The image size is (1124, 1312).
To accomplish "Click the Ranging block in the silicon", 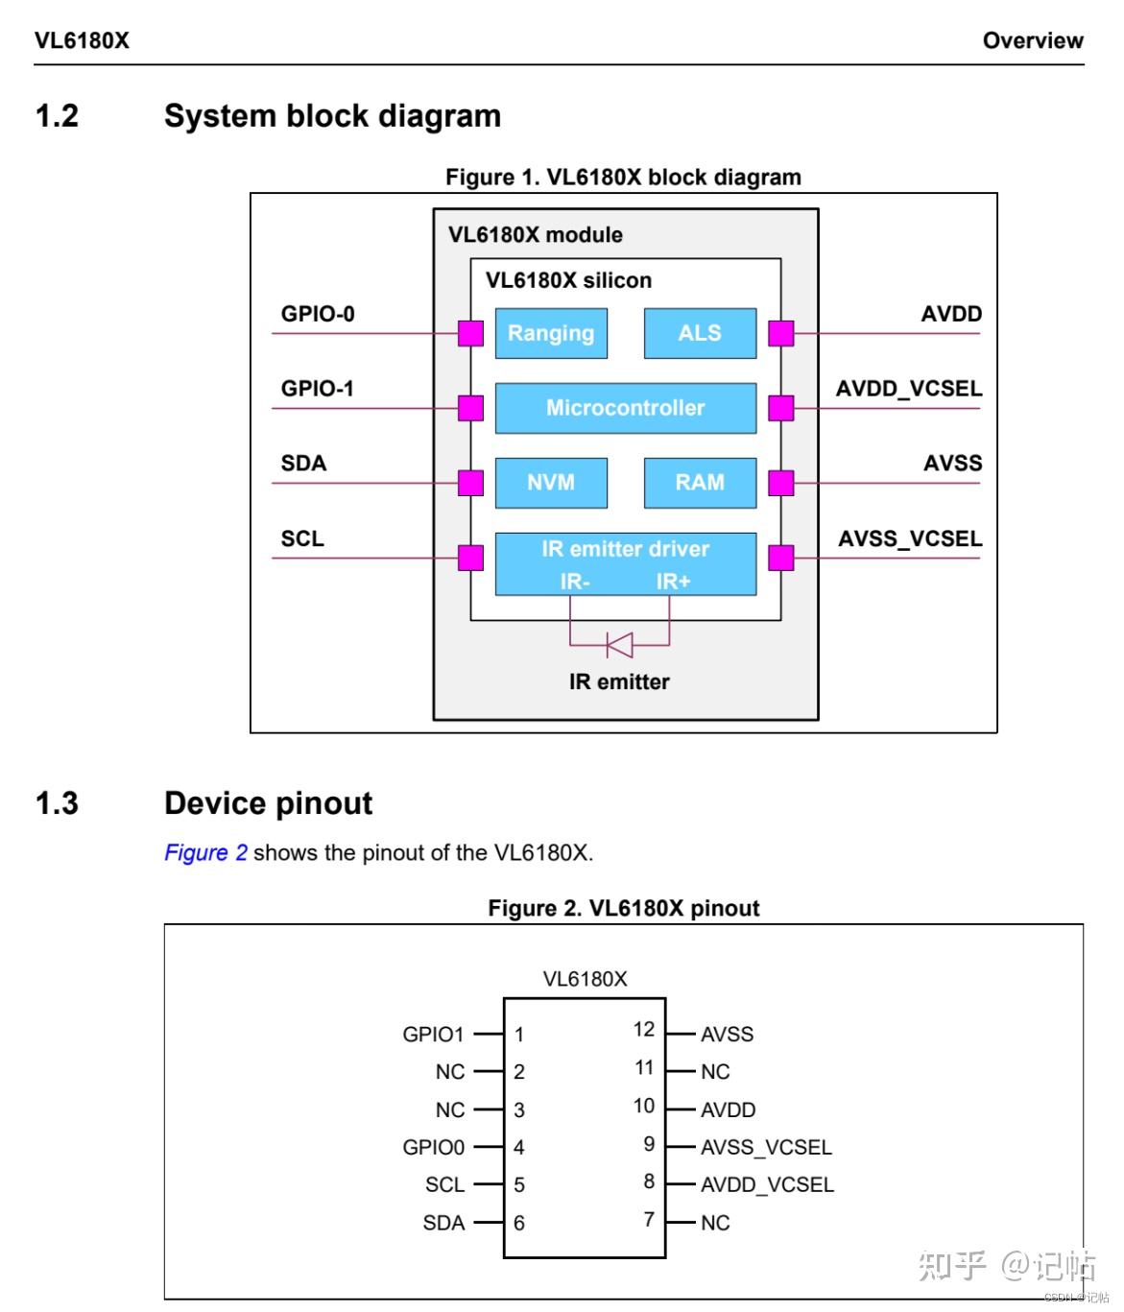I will pos(551,333).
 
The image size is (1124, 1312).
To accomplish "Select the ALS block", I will pos(700,333).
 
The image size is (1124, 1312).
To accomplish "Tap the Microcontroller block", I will pos(625,408).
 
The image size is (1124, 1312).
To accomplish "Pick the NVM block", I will pos(551,482).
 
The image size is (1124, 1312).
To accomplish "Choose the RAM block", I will pos(700,482).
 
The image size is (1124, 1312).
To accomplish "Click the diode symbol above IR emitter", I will pos(619,645).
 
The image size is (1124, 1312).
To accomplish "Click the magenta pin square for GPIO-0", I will pos(470,333).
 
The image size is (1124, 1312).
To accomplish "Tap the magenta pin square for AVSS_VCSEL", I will pos(781,558).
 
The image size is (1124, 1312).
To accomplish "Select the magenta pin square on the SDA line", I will pos(470,483).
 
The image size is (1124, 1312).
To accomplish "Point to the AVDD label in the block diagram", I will pos(951,314).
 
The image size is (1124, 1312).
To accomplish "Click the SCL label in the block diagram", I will pos(302,538).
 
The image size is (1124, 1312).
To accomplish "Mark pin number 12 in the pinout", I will pos(643,1029).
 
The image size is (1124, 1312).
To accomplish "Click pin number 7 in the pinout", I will pos(649,1219).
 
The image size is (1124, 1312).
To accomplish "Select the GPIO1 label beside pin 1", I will pos(433,1035).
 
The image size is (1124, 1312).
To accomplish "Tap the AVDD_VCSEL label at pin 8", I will pos(767,1185).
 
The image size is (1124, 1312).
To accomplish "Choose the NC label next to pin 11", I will pos(715,1072).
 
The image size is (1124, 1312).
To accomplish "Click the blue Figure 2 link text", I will pos(205,852).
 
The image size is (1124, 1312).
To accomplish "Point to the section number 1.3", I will pos(57,803).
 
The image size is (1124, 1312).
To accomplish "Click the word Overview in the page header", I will pos(1033,40).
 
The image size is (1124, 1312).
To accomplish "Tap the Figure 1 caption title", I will pos(623,178).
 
